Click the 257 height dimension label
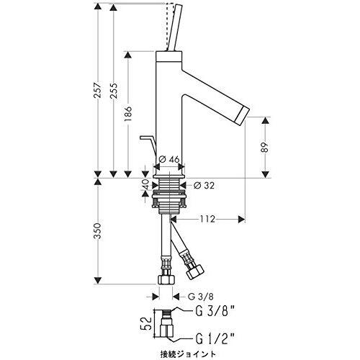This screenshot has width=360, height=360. pos(97,90)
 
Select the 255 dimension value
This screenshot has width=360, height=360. pos(113,91)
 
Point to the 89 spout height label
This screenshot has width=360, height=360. pos(264,148)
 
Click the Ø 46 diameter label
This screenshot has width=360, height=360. pos(169,159)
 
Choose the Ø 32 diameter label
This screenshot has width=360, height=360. pos(204,185)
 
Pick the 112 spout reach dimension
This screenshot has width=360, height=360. pos(207,219)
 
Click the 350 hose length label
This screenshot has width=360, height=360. pos(97,230)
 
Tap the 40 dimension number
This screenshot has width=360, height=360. pos(145,184)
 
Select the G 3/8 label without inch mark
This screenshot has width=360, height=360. pos(200,297)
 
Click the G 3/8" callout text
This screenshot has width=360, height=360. pos(215,312)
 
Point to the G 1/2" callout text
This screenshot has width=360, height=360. pos(215,339)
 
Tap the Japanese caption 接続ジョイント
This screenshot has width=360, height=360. pos(188,354)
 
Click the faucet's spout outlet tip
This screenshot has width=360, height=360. pos(244,116)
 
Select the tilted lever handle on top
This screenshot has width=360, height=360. pos(175,27)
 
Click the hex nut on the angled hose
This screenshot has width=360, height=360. pos(195,271)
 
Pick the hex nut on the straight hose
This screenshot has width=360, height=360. pos(166,279)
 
